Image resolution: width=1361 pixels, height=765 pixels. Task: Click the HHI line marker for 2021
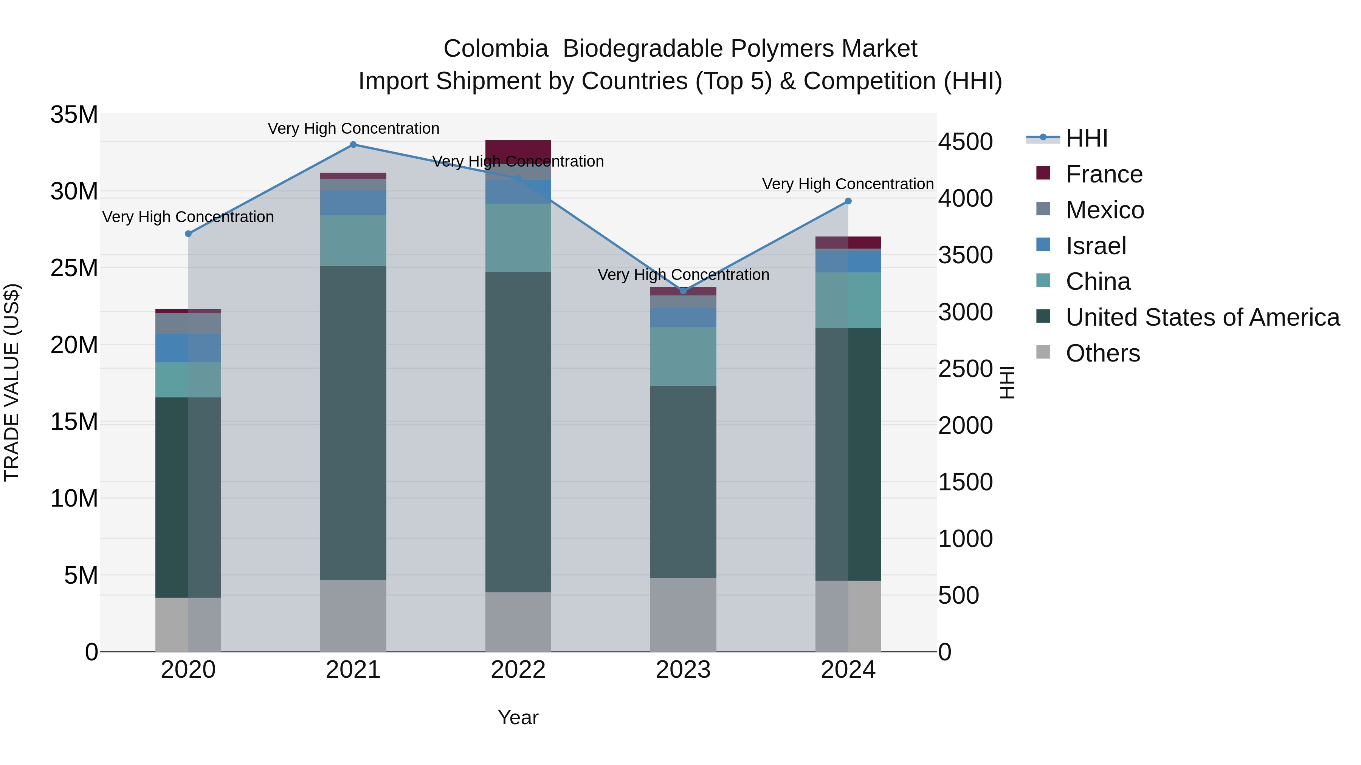coord(353,145)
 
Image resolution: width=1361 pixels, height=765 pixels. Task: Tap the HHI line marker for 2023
coord(683,291)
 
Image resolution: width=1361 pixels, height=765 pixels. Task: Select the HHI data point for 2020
coord(188,234)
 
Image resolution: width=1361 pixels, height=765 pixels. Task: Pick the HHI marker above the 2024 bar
coord(848,201)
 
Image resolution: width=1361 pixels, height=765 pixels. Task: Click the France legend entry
coord(1104,174)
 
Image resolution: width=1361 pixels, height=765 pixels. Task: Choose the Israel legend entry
coord(1096,246)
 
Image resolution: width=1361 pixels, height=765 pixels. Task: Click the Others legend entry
coord(1103,353)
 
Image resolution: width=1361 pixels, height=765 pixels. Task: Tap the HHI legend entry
coord(1086,138)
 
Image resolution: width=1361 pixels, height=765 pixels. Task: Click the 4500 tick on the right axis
coord(965,142)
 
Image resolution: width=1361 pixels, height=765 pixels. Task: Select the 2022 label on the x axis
coord(518,670)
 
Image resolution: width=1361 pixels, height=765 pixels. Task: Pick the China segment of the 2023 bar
coord(683,356)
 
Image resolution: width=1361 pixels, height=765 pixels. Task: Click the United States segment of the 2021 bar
coord(353,422)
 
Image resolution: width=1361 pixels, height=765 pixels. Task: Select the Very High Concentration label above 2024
coord(848,184)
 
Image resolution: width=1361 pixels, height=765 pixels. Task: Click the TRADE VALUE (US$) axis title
coord(12,382)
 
